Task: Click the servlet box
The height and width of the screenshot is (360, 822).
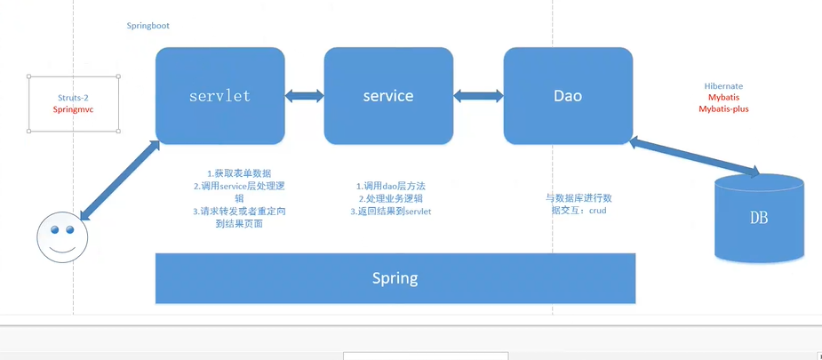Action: click(x=219, y=95)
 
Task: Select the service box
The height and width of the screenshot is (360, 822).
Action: click(x=388, y=95)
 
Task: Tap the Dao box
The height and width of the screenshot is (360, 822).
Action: click(x=568, y=95)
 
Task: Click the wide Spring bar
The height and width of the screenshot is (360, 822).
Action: click(x=395, y=278)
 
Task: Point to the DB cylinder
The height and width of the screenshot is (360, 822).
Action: click(x=759, y=218)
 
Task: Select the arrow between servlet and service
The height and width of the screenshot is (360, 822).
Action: click(x=304, y=94)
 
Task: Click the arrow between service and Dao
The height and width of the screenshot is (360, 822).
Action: click(x=479, y=94)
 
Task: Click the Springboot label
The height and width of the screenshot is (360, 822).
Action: click(x=148, y=27)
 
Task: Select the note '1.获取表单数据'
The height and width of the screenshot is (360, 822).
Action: click(x=239, y=173)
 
